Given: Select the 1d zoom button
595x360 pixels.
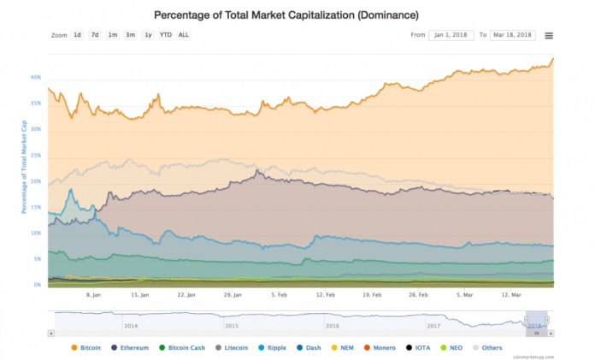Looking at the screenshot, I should click(x=77, y=35).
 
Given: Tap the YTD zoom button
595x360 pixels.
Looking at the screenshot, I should click(x=166, y=35).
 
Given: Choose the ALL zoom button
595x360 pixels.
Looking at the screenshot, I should click(x=184, y=35).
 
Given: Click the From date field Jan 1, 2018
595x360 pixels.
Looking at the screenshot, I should click(x=451, y=35).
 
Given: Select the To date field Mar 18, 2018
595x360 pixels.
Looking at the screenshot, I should click(x=512, y=35).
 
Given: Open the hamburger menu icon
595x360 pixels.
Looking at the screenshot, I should click(x=549, y=35).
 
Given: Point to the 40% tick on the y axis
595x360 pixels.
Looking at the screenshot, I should click(x=36, y=77).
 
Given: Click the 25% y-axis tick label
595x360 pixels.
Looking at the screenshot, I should click(x=36, y=155).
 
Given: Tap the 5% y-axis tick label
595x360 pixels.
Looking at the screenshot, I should click(x=38, y=258).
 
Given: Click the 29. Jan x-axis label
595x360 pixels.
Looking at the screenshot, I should click(x=233, y=294).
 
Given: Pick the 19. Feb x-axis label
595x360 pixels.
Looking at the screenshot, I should click(x=372, y=294).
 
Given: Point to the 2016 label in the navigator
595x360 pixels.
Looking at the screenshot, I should click(x=332, y=326).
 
